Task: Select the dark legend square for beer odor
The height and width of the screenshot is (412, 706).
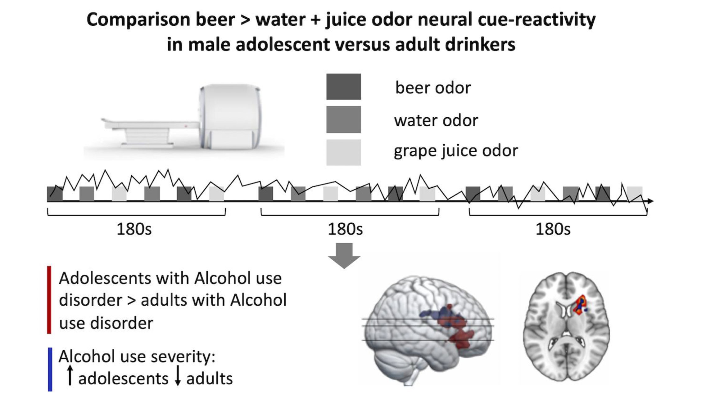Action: point(343,87)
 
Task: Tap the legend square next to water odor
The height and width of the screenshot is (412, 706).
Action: point(343,119)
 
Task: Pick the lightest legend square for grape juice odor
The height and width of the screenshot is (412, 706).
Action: point(343,152)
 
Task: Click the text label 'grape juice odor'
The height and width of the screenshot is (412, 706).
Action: point(456,151)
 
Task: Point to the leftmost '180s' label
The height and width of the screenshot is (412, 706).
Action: point(134,229)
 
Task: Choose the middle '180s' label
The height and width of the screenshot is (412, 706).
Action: point(345,229)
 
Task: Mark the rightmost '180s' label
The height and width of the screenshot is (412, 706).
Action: point(553,229)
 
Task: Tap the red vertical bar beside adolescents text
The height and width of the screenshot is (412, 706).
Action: point(49,300)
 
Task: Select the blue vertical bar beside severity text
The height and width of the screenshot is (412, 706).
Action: point(50,369)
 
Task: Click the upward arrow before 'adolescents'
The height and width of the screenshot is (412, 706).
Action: point(70,375)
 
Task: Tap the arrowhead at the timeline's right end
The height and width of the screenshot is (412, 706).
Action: point(651,201)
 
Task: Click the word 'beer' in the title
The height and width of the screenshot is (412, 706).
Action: point(215,20)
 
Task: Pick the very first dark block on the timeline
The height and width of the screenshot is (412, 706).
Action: point(55,194)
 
